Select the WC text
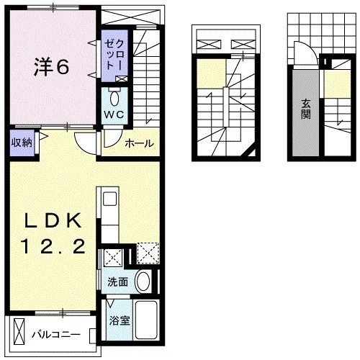tap(114, 115)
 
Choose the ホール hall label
tap(139, 143)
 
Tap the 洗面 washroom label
tap(118, 282)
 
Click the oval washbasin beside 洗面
tap(144, 282)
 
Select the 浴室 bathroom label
tap(118, 320)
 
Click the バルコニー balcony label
tap(62, 335)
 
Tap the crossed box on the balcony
tap(19, 333)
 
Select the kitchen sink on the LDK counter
tap(107, 197)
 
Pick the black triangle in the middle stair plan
tap(248, 150)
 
